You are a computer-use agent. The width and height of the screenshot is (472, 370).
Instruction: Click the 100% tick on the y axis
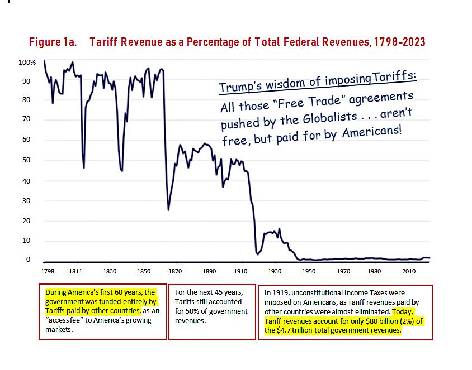click(x=29, y=61)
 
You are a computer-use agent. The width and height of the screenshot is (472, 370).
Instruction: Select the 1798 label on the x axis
click(x=48, y=271)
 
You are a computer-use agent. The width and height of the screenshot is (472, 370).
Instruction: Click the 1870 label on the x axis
click(x=176, y=271)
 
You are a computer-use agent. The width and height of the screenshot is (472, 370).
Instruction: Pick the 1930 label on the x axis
click(x=275, y=271)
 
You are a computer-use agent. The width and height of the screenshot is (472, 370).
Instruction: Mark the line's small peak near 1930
click(x=279, y=228)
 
